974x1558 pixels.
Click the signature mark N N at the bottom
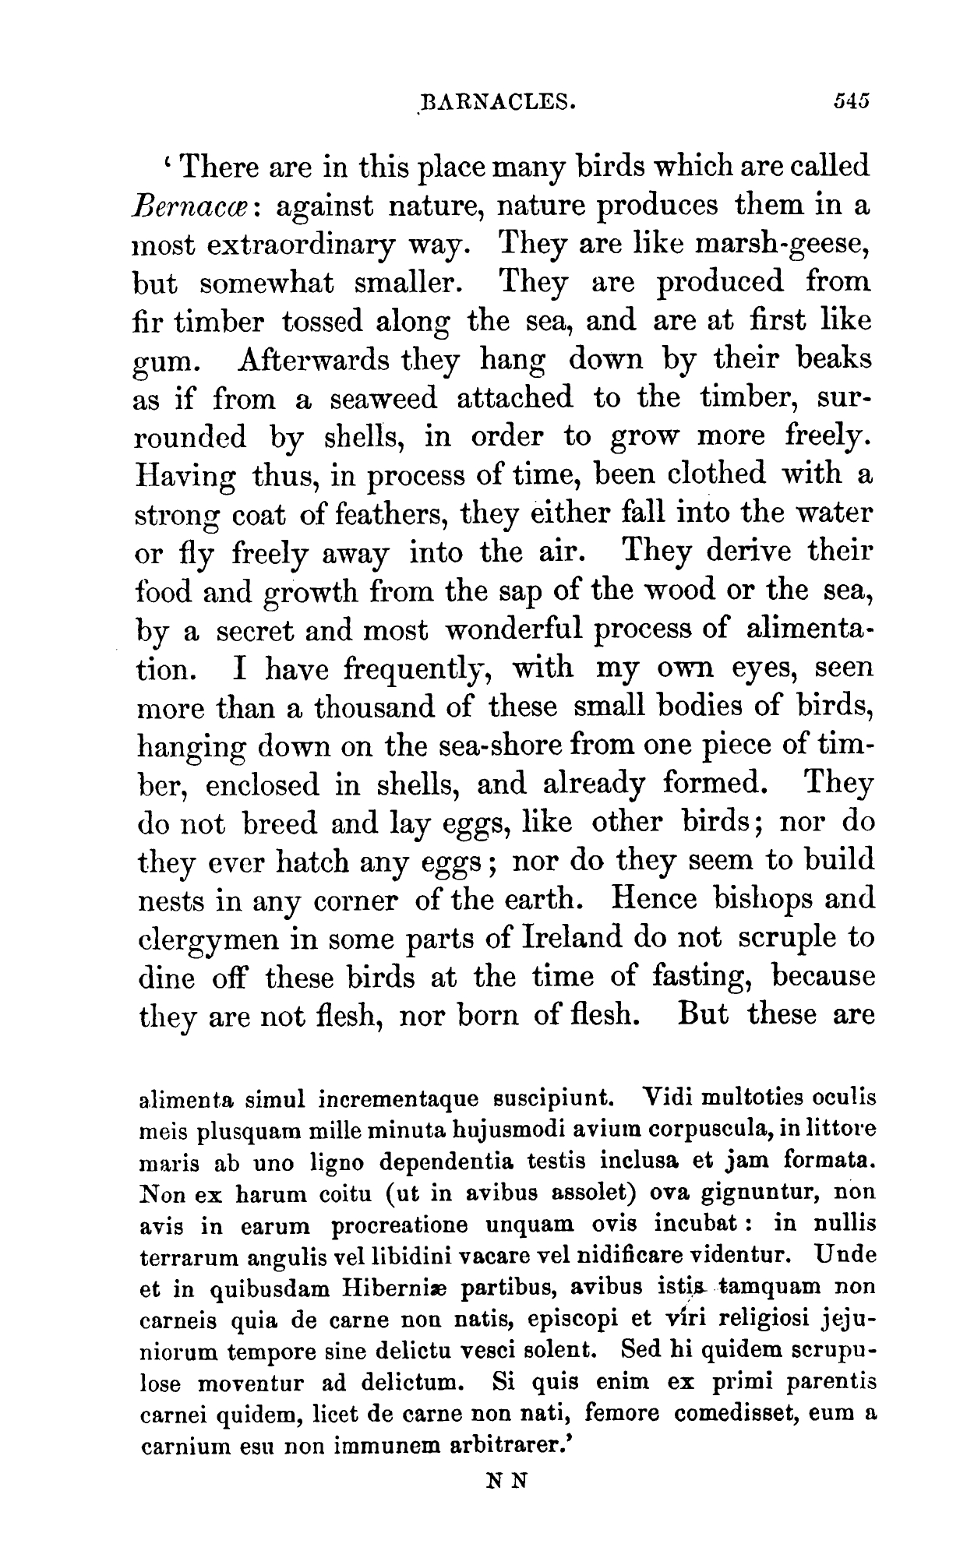[506, 1481]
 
